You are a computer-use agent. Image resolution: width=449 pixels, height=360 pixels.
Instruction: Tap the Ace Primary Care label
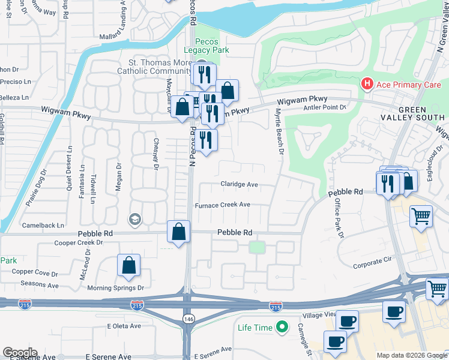click(x=408, y=85)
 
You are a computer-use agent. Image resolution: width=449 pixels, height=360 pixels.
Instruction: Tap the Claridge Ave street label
click(x=239, y=184)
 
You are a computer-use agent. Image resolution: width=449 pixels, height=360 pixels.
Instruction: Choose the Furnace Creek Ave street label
click(x=222, y=205)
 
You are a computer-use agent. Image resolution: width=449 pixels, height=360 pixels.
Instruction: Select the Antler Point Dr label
click(x=326, y=107)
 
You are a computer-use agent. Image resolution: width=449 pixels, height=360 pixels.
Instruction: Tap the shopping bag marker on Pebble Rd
click(x=179, y=232)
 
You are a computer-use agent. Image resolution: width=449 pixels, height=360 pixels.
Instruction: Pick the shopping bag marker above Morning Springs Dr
click(x=128, y=265)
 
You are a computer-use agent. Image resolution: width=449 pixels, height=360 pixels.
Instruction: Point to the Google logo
click(x=20, y=353)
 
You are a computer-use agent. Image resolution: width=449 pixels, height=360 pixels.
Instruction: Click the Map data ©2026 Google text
click(x=412, y=355)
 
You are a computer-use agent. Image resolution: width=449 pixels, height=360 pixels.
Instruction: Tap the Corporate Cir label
click(x=372, y=263)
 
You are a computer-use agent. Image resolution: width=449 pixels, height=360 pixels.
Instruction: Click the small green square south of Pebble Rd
click(x=257, y=247)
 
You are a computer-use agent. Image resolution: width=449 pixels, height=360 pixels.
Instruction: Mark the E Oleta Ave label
click(x=124, y=326)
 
